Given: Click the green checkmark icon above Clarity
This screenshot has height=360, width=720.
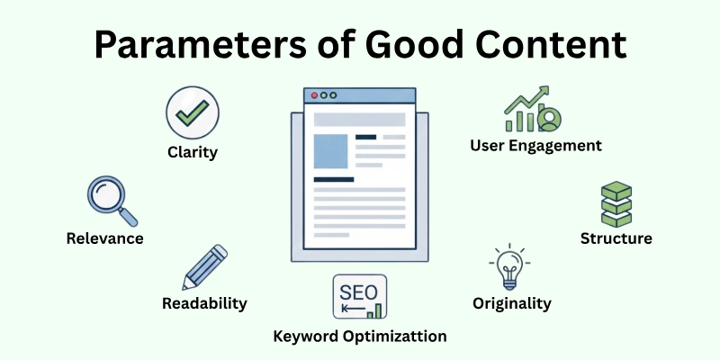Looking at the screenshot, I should click(192, 113).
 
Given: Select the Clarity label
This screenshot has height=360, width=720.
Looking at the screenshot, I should click(192, 152).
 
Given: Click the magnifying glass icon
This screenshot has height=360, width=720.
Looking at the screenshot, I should click(111, 201).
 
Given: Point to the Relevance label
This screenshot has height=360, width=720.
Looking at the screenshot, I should click(104, 238).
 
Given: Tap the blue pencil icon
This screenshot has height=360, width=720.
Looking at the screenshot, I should click(204, 266).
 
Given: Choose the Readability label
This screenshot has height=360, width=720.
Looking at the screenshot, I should click(204, 303).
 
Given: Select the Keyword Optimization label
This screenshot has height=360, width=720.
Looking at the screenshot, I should click(360, 337).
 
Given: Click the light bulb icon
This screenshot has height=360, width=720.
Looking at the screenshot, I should click(509, 268).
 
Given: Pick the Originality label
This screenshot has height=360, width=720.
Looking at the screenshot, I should click(511, 303).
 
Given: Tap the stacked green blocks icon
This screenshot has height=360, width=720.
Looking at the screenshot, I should click(616, 204).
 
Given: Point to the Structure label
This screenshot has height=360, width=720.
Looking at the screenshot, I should click(616, 238).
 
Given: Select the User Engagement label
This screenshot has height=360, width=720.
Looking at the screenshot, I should click(535, 145).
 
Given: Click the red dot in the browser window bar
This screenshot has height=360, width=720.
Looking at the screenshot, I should click(314, 94).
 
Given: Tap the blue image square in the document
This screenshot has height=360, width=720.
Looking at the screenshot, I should click(329, 150).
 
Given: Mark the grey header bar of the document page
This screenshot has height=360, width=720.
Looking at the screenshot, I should click(359, 119).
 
